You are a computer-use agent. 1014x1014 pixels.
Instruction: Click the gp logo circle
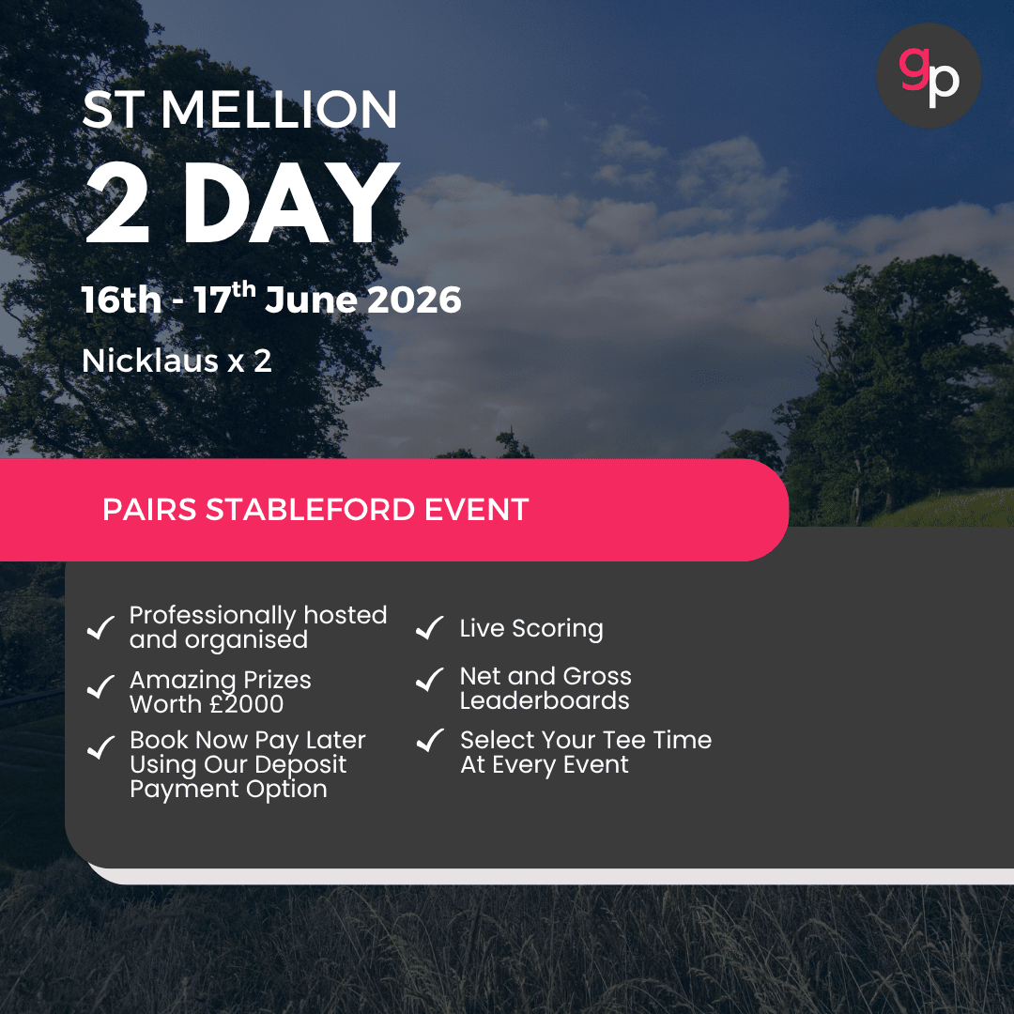tap(929, 75)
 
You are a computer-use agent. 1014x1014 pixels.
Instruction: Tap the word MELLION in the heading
tap(279, 110)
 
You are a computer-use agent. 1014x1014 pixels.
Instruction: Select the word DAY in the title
tap(291, 204)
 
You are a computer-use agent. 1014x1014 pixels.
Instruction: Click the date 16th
tap(122, 300)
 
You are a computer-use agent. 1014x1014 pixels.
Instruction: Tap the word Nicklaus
tap(150, 361)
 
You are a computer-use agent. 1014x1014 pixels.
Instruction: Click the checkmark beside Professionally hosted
tap(100, 628)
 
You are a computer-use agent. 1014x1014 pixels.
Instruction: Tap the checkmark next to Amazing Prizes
tap(100, 688)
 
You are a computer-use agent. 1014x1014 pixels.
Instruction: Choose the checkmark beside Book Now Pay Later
tap(100, 748)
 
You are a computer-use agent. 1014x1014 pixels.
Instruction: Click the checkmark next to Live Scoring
tap(430, 628)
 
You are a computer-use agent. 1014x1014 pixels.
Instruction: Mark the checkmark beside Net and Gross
tap(430, 679)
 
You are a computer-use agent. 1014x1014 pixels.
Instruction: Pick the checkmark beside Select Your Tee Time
tap(430, 741)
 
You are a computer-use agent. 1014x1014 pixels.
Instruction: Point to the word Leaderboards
tap(545, 701)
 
